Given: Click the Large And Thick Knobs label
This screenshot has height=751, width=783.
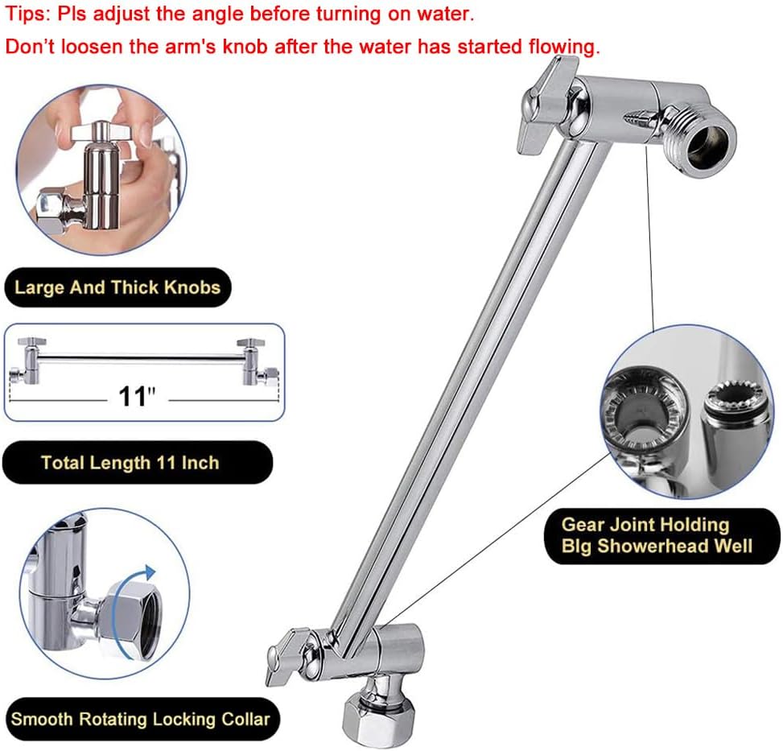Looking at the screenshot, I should pyautogui.click(x=117, y=287).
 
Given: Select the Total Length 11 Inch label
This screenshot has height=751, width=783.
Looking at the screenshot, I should pyautogui.click(x=130, y=463).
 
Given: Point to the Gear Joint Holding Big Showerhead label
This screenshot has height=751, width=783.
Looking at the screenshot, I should pyautogui.click(x=656, y=535).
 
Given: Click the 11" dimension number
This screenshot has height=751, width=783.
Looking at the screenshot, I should pyautogui.click(x=137, y=397).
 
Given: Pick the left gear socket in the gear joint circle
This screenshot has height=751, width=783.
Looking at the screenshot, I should pyautogui.click(x=644, y=402).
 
